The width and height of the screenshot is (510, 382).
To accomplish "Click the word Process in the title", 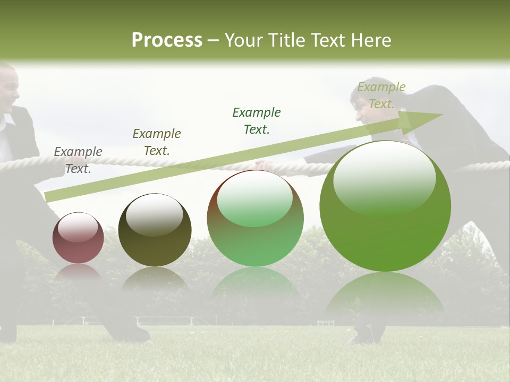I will (167, 40).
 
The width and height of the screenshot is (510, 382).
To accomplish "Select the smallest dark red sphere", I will (78, 238).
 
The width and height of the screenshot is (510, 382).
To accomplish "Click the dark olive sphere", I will (155, 230).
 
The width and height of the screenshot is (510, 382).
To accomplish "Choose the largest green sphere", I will (385, 206).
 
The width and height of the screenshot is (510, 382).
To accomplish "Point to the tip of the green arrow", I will (441, 115).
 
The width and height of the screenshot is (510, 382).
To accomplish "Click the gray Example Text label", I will (78, 160).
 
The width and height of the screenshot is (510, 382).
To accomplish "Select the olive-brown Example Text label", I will (157, 142).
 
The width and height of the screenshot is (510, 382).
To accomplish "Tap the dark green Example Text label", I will (257, 120).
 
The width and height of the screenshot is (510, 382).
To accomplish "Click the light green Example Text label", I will (381, 95).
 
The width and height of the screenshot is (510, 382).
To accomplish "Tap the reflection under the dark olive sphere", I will (155, 280).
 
